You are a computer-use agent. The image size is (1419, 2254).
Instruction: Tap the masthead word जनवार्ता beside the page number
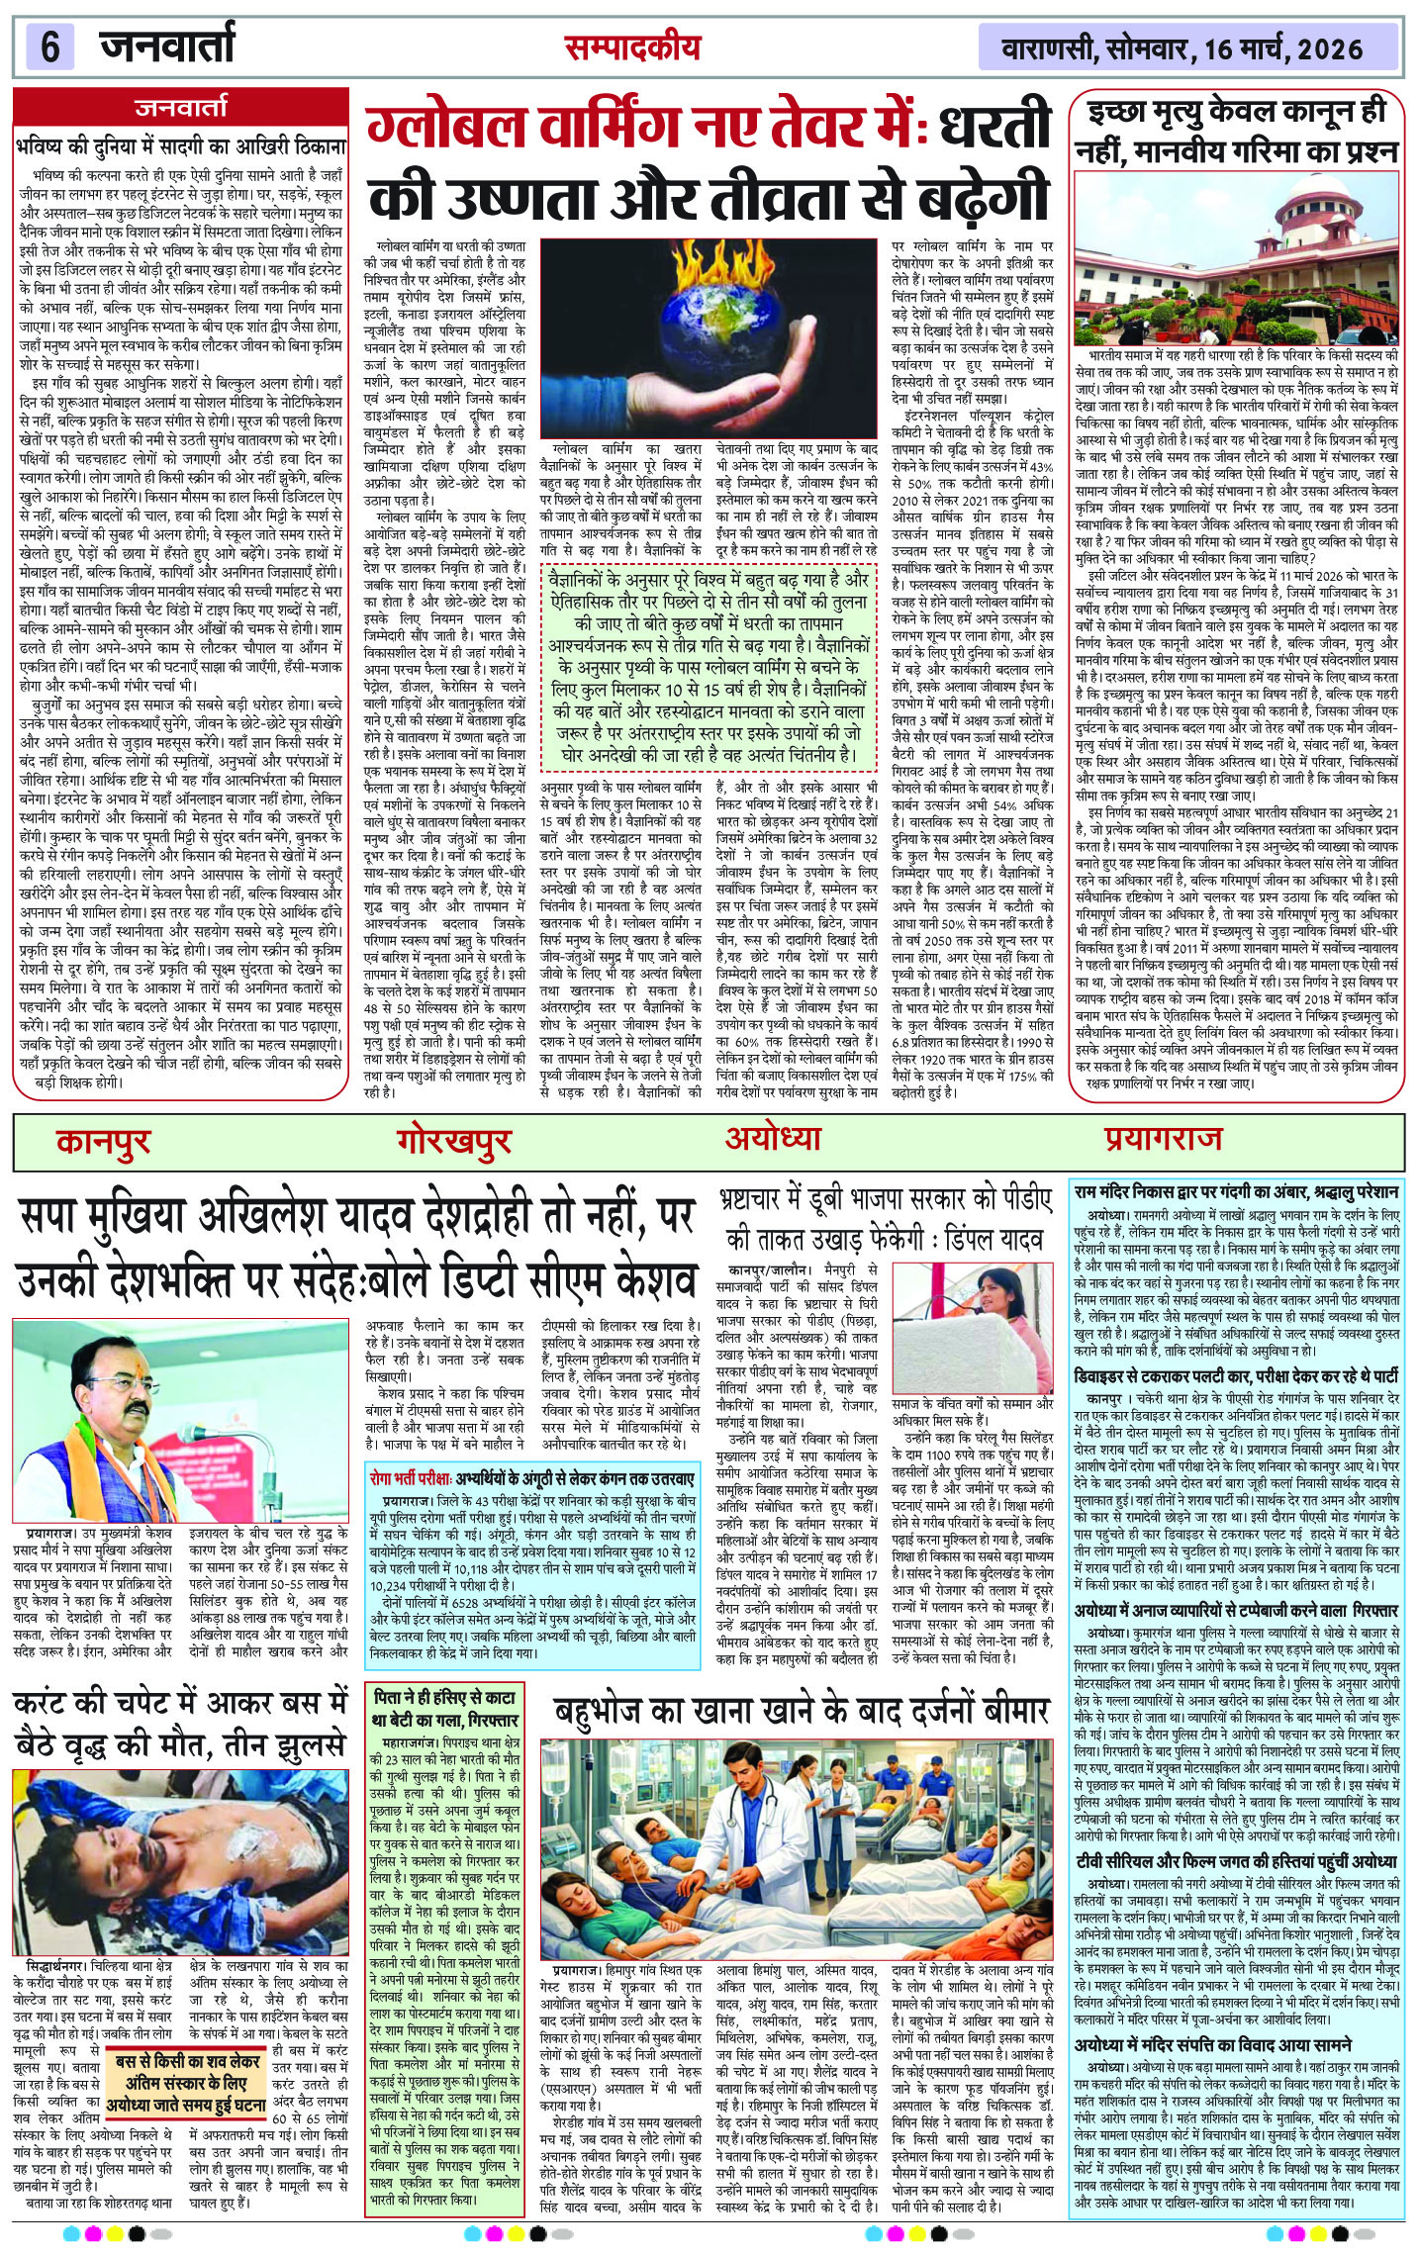pos(166,46)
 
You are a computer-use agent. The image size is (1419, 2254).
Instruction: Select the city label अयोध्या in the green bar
pos(773,1138)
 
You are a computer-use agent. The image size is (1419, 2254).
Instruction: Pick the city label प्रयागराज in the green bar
pos(1164,1139)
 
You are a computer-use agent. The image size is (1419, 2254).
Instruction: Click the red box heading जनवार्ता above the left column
pos(181,108)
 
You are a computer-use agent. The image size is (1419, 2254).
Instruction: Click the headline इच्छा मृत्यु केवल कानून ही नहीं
pos(1237,131)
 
